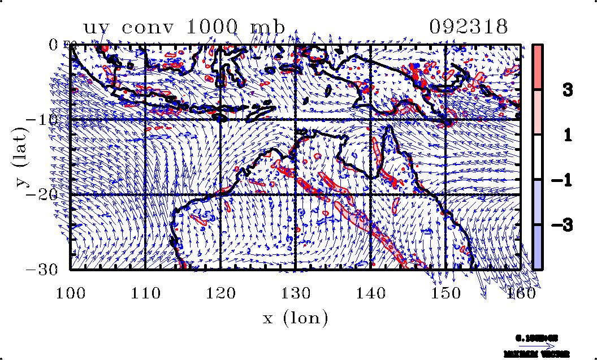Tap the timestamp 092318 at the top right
tap(468, 27)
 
